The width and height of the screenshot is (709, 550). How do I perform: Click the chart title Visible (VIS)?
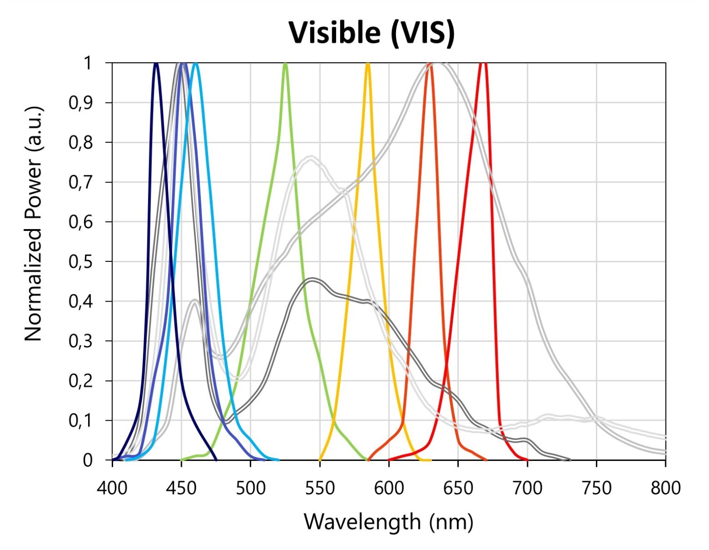pos(372,33)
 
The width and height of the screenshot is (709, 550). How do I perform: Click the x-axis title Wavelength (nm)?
pos(388,522)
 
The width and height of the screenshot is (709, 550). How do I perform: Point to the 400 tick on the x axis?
pos(112,488)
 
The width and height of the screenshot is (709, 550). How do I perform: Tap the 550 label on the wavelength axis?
pos(319,488)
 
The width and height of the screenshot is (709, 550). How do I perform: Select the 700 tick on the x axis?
pos(527,488)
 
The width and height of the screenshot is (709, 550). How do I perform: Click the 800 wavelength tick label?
pos(665,488)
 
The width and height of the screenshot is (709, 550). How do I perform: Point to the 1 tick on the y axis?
pos(88,63)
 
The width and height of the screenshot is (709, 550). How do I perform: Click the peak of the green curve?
pos(285,64)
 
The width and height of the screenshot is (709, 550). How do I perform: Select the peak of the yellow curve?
pos(368,64)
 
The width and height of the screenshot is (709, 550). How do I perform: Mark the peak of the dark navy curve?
pos(156,64)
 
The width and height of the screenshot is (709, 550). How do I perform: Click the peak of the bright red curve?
pos(483,64)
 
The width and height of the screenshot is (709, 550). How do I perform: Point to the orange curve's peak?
pos(430,65)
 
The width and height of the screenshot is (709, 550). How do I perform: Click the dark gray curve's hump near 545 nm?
pos(312,279)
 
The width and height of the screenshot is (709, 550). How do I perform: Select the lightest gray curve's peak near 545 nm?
pos(311,157)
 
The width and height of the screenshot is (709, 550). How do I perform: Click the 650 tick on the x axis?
pos(458,488)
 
